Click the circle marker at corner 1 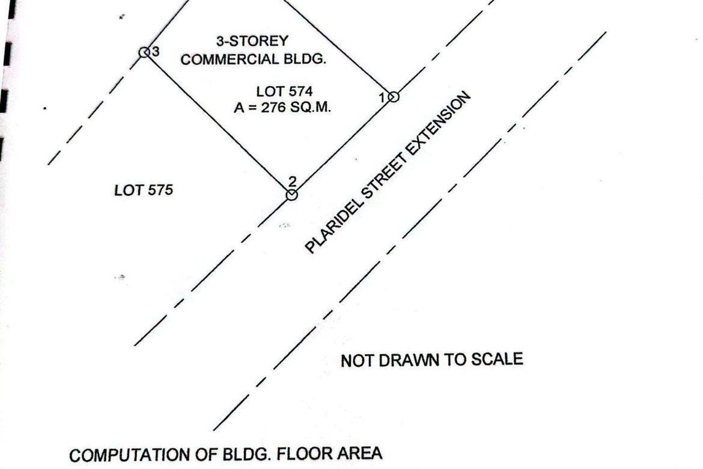point(393,96)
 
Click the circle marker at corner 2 point(291,195)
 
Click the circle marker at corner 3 point(144,52)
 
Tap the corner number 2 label point(293,182)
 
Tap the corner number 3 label point(156,52)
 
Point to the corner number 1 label point(382,97)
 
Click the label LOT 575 point(144,190)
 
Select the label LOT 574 point(284,91)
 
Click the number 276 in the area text point(273,108)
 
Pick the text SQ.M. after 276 point(310,108)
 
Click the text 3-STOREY point(252,41)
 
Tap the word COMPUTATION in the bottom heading point(130,455)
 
